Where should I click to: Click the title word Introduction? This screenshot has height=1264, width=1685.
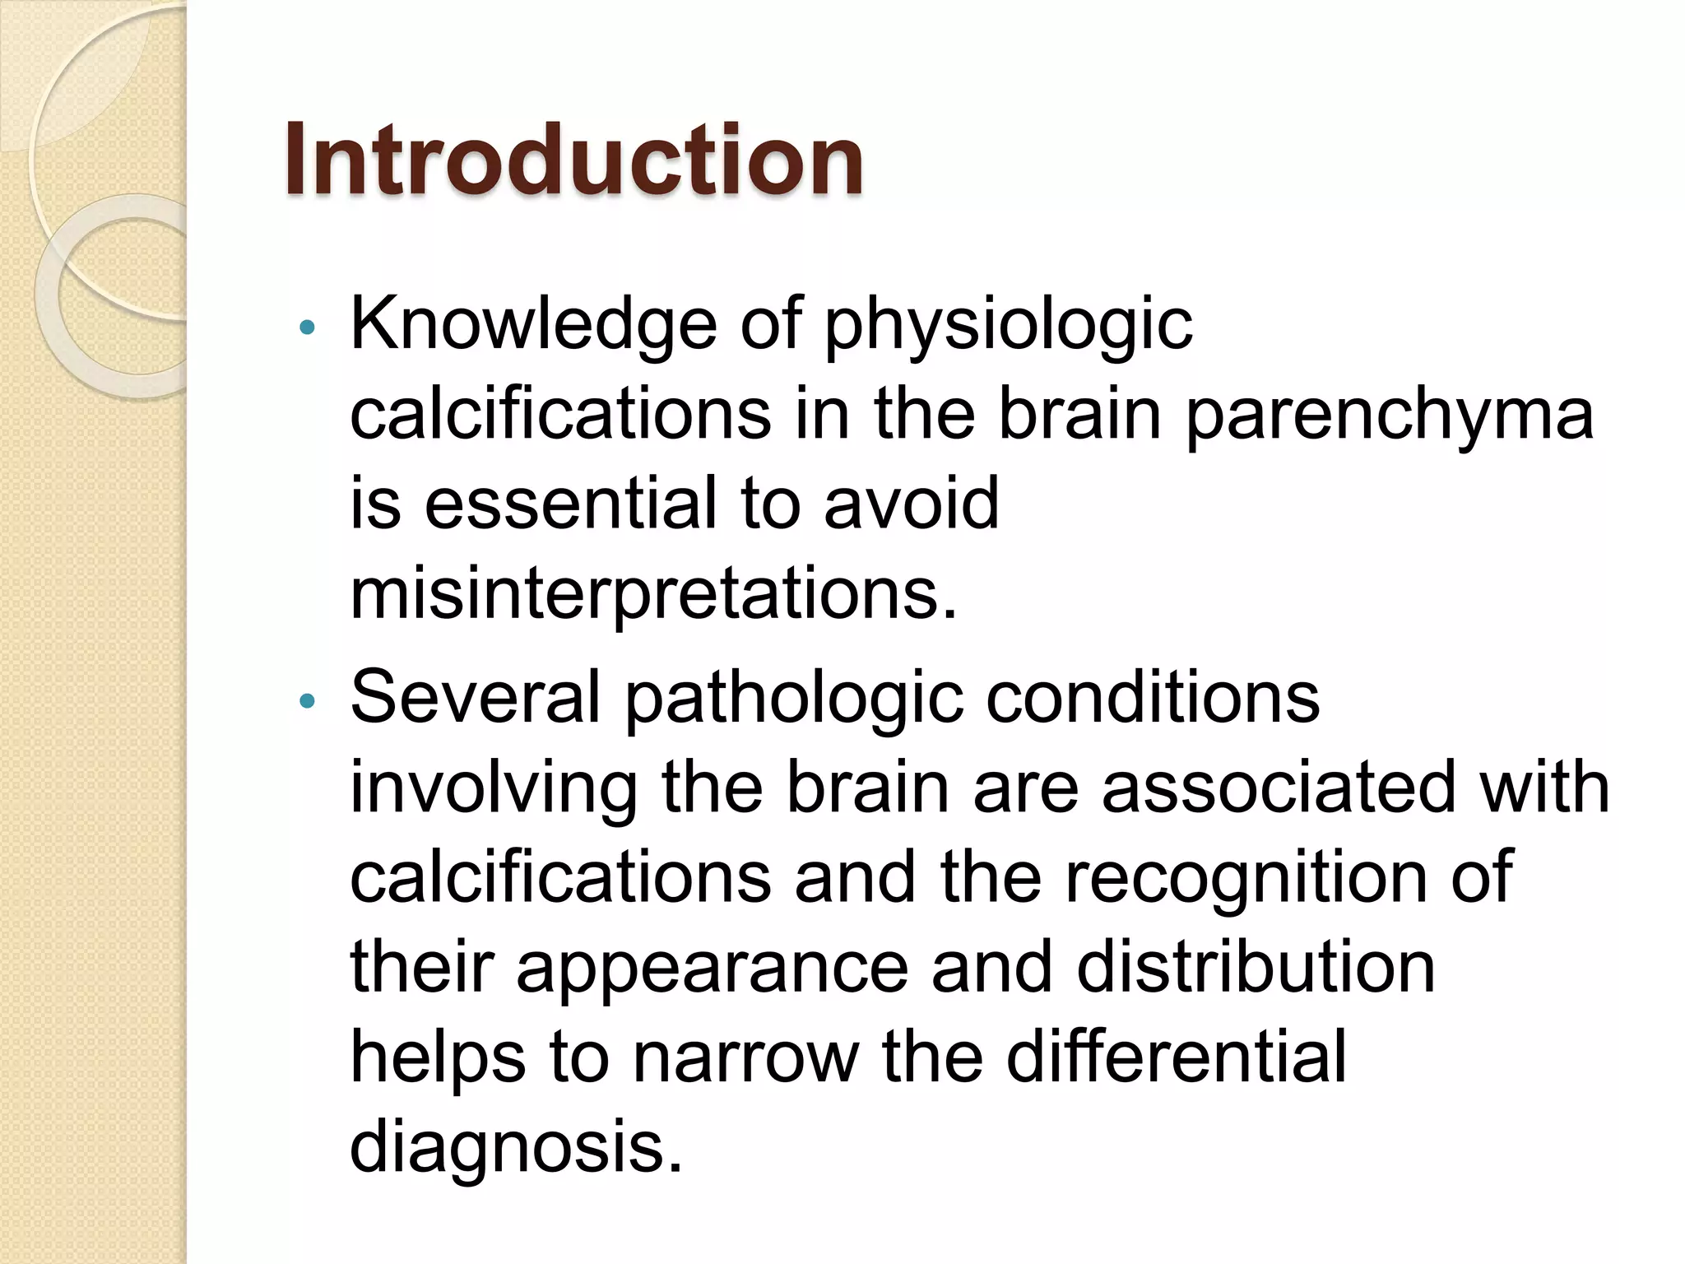pos(573,160)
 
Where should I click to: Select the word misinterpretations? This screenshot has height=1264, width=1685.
pos(654,594)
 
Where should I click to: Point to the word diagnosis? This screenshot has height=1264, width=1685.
pos(517,1150)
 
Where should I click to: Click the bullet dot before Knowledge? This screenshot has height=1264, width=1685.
pos(308,328)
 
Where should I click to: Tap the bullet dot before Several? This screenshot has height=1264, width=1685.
pos(308,701)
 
